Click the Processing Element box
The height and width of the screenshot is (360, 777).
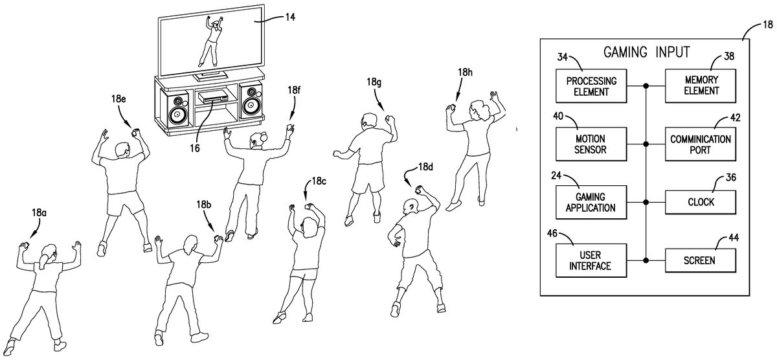[x=591, y=86]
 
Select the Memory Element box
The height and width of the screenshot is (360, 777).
[x=701, y=86]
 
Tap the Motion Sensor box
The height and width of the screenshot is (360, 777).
[x=591, y=144]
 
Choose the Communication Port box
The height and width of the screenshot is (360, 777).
[x=701, y=144]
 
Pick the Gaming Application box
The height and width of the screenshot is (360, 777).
[x=591, y=202]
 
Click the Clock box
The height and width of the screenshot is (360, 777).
[x=701, y=202]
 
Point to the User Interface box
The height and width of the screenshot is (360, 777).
[x=591, y=260]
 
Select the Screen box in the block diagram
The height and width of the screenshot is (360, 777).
[x=701, y=260]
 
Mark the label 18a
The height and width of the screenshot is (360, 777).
[x=39, y=212]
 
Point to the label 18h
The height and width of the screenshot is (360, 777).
[x=465, y=73]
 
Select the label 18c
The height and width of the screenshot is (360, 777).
[x=319, y=181]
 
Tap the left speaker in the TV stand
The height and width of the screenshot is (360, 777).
[x=177, y=109]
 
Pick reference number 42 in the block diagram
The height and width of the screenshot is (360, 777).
[x=736, y=117]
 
